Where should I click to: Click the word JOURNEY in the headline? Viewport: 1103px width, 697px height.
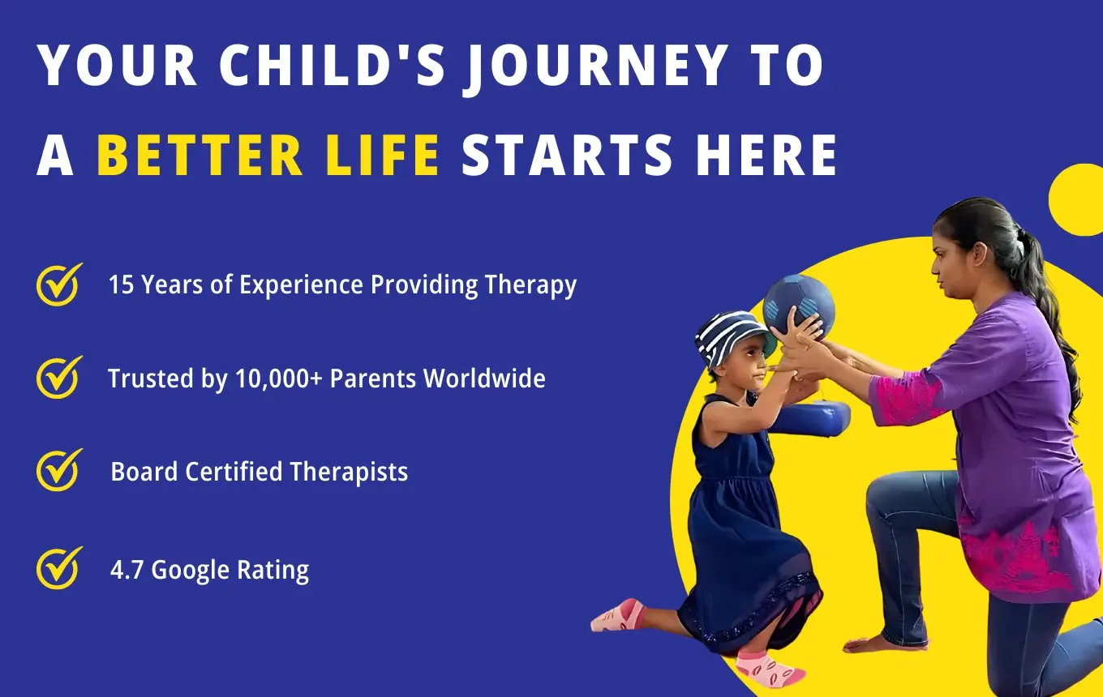click(597, 66)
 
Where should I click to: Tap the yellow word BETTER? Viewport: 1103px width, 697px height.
click(200, 155)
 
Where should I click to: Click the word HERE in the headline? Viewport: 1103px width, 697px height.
click(766, 155)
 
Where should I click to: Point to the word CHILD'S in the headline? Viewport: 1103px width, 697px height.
click(333, 65)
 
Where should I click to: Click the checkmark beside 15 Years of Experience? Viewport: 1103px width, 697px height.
click(59, 284)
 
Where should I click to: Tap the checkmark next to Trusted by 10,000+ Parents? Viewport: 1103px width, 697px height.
click(59, 378)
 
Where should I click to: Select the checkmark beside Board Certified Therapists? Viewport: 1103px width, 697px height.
click(59, 470)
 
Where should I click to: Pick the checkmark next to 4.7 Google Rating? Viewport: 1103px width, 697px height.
click(59, 568)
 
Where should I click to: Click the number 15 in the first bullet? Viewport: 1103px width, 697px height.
click(121, 284)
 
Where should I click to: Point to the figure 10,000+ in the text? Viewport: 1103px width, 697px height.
click(279, 378)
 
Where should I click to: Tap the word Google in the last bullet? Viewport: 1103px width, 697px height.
click(190, 571)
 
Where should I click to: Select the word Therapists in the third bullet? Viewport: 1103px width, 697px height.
click(349, 472)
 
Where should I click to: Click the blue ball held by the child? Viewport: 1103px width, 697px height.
click(799, 306)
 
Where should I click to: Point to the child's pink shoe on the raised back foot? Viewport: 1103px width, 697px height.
click(618, 615)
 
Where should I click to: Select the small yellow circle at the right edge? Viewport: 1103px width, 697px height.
click(1078, 200)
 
